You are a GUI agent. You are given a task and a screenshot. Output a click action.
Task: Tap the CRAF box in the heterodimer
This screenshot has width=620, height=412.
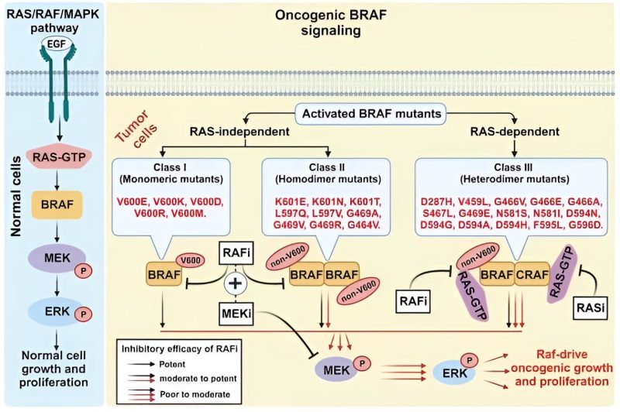532,274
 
